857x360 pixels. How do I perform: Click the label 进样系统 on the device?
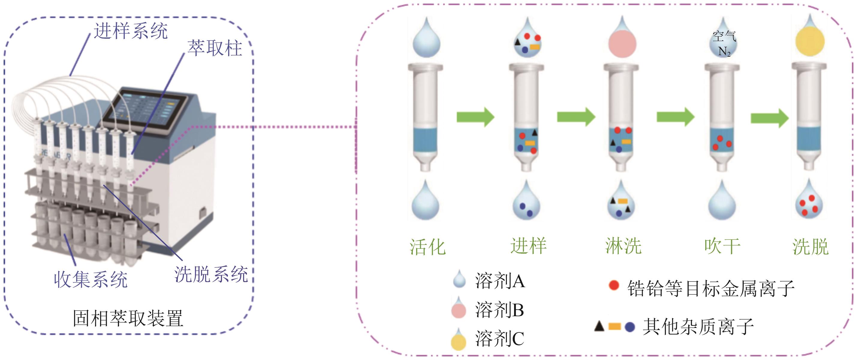coord(130,31)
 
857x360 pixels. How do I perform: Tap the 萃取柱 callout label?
coord(215,48)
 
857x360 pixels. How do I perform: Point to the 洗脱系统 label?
coord(211,275)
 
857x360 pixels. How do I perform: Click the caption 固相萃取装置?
coord(128,318)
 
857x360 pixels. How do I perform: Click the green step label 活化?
coord(427,247)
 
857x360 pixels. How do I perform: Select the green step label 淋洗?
coord(623,246)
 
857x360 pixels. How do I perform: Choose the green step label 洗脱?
coord(811,247)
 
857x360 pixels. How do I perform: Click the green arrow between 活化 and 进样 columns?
coord(475,117)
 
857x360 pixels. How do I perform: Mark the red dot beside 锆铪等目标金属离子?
coord(614,285)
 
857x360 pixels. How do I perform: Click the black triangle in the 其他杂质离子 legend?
coord(599,326)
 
